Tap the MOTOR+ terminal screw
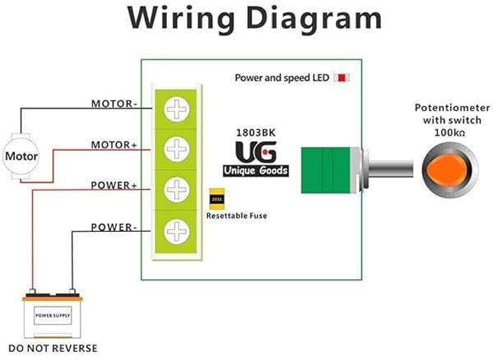click(176, 149)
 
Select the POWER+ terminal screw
click(176, 189)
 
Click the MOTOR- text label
click(114, 104)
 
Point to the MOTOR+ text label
click(114, 145)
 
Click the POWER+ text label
click(114, 186)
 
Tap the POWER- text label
click(114, 226)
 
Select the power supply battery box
click(52, 314)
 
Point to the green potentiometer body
click(324, 169)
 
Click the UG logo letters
click(256, 152)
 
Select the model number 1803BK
click(256, 130)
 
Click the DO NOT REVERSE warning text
click(51, 348)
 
